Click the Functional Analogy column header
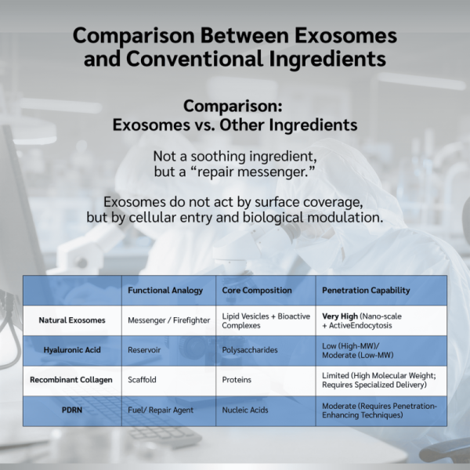[165, 290]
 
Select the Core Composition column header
[257, 290]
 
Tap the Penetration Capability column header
[366, 290]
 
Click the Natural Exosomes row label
[72, 320]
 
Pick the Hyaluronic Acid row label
[72, 350]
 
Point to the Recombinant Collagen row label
[71, 379]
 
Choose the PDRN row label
[72, 410]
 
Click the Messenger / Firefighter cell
[168, 320]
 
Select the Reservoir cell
[144, 350]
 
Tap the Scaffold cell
[142, 379]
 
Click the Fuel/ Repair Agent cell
[161, 410]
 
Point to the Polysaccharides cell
[250, 350]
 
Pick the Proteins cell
[237, 379]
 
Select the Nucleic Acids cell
[245, 410]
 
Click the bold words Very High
[340, 316]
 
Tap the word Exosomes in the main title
[345, 35]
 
